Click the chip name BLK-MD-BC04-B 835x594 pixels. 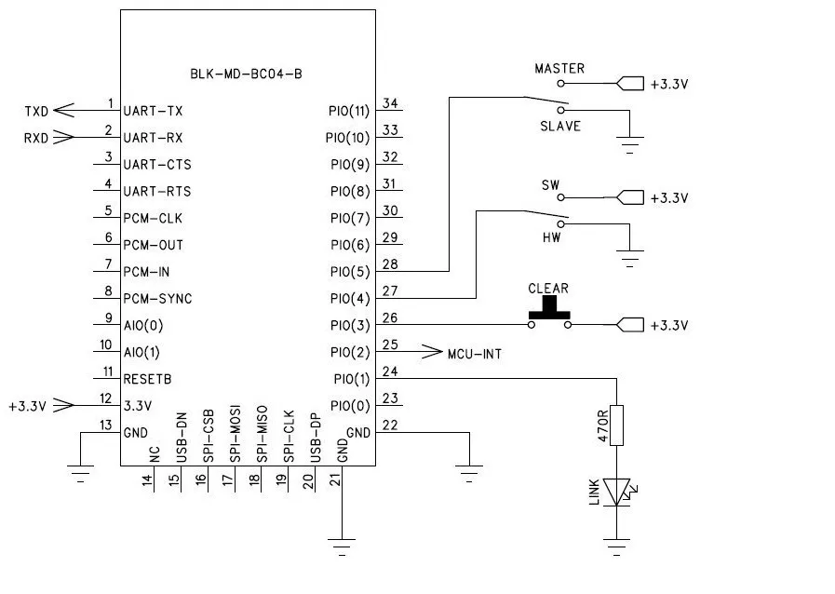pos(246,74)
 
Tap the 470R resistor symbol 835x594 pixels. pos(616,425)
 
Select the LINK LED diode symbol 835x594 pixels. pos(618,492)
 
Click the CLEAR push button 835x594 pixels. pos(549,313)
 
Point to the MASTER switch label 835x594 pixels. pos(559,68)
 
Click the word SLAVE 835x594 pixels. pos(560,127)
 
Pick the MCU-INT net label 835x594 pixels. pos(475,354)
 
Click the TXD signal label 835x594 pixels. pos(36,112)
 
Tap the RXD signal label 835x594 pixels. pos(36,138)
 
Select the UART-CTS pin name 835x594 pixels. pos(157,165)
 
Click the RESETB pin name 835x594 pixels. pos(147,379)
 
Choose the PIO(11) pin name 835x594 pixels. pos(349,112)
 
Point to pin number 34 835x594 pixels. pos(390,103)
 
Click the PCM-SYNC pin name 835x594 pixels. pos(157,299)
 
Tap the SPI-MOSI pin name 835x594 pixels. pos(235,434)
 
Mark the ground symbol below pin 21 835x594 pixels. pos(342,547)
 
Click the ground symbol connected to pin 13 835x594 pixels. pos(80,474)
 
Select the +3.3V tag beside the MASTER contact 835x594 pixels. pos(669,84)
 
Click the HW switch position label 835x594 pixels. pos(552,237)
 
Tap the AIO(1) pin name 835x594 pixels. pos(141,353)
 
